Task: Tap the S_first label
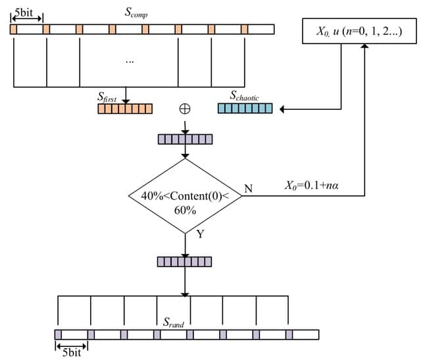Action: click(106, 98)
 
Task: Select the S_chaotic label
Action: click(244, 97)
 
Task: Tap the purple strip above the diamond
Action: click(185, 140)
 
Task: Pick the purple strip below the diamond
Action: click(185, 262)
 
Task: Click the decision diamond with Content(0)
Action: click(185, 195)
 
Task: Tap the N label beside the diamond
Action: click(248, 189)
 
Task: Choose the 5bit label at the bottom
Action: click(71, 353)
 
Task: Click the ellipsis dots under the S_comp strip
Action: click(129, 61)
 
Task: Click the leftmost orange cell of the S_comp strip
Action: click(14, 30)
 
